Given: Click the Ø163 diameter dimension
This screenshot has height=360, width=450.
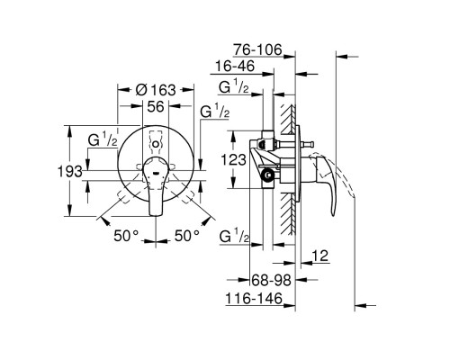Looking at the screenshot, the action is [x=156, y=90].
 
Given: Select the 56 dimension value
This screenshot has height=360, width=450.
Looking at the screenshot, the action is [x=156, y=106].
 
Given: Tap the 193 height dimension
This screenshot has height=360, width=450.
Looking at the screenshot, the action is [x=69, y=172].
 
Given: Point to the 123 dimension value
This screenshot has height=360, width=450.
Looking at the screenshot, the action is [x=233, y=159].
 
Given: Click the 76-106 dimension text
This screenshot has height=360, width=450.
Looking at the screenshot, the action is [x=258, y=49].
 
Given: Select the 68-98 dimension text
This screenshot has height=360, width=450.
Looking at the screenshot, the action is [x=271, y=281].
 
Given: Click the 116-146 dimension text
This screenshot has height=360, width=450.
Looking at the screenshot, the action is [x=254, y=299].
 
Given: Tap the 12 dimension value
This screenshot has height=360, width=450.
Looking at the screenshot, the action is [x=320, y=256].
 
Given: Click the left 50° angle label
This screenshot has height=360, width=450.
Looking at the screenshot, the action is [x=126, y=236].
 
